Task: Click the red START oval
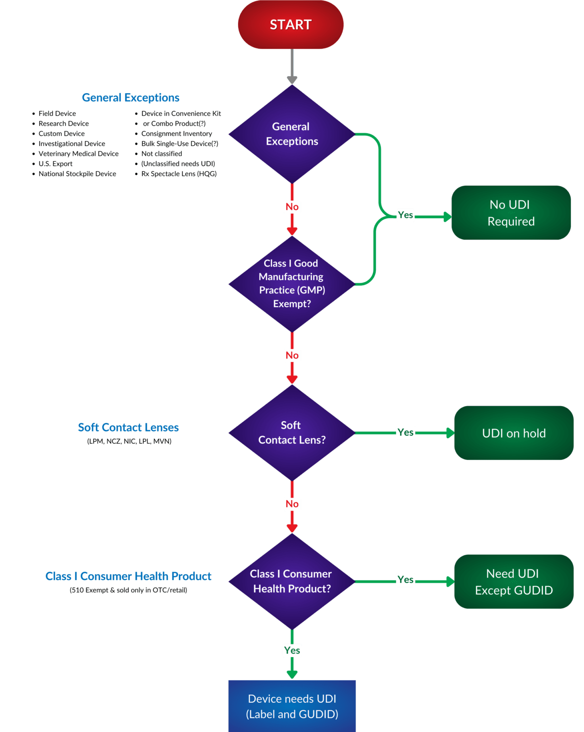pyautogui.click(x=291, y=25)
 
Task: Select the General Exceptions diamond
pyautogui.click(x=292, y=134)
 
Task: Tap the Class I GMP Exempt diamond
pyautogui.click(x=292, y=283)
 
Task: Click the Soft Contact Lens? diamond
pyautogui.click(x=292, y=432)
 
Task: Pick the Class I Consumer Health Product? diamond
pyautogui.click(x=292, y=581)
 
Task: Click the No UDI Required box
pyautogui.click(x=511, y=213)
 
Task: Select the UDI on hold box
pyautogui.click(x=514, y=433)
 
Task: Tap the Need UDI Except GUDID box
pyautogui.click(x=514, y=581)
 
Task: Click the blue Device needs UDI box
pyautogui.click(x=292, y=706)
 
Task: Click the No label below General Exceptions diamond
pyautogui.click(x=292, y=207)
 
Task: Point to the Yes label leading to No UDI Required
pyautogui.click(x=405, y=215)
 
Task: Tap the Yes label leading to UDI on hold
pyautogui.click(x=405, y=432)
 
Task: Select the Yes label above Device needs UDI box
pyautogui.click(x=292, y=650)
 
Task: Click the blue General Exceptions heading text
pyautogui.click(x=130, y=98)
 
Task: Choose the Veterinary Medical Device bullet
pyautogui.click(x=78, y=154)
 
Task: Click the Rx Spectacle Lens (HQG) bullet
pyautogui.click(x=178, y=174)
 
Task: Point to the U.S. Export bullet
pyautogui.click(x=55, y=164)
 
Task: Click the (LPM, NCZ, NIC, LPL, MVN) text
pyautogui.click(x=129, y=441)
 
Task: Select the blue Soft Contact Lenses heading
pyautogui.click(x=128, y=427)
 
